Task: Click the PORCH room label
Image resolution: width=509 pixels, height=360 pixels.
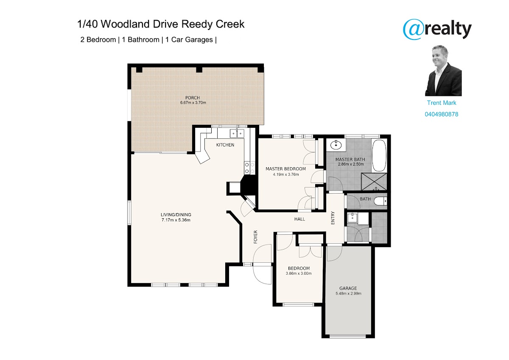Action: point(193,98)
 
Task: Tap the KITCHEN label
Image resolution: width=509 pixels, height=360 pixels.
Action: point(225,145)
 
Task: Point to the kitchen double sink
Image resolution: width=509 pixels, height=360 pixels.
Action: point(237,133)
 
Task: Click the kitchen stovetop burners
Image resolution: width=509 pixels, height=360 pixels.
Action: point(249,168)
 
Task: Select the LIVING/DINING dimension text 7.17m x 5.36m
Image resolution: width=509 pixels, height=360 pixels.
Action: point(176,220)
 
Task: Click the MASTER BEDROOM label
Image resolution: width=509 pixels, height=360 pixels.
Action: point(285,169)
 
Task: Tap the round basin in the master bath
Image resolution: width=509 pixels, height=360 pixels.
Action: point(336,145)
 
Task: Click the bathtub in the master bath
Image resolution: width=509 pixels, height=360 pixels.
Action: point(379,155)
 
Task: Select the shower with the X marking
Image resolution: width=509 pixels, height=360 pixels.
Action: point(374,181)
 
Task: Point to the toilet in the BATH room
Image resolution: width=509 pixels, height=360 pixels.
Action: point(380,201)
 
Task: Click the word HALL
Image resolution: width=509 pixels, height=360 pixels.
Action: point(299,219)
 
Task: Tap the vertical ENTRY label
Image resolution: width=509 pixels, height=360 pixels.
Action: point(333,218)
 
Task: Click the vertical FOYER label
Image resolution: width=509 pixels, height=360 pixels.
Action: point(255,237)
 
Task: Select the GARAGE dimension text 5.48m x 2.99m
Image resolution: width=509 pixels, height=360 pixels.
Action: point(348,293)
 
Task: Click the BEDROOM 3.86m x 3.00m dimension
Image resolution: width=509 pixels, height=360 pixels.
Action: point(299,273)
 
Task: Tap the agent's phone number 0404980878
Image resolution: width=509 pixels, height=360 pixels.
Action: point(441,114)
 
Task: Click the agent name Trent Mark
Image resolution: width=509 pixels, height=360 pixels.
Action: point(441,103)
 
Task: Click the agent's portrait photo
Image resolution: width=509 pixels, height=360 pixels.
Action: point(443,70)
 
